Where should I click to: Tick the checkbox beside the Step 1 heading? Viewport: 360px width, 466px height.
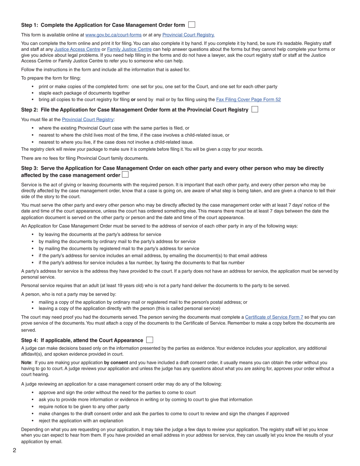(192, 25)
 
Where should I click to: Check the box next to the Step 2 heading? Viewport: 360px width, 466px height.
(255, 109)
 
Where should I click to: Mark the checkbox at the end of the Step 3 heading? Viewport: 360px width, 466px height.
(125, 175)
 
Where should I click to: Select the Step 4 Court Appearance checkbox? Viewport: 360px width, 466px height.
(150, 340)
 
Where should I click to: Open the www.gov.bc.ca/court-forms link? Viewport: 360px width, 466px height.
(113, 35)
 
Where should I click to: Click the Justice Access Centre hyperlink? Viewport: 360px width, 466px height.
(77, 49)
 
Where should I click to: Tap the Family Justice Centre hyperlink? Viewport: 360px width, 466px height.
(129, 49)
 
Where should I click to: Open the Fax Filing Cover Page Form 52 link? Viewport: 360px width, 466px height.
(248, 100)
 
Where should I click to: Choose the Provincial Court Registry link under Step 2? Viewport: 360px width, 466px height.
(88, 119)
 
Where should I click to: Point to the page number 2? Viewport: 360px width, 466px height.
(14, 450)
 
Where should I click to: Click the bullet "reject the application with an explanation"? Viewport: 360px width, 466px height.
(81, 421)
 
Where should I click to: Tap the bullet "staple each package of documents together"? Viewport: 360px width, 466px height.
(84, 93)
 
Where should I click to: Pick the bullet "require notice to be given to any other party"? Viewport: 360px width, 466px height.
(84, 407)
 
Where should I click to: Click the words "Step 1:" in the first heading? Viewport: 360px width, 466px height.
(30, 25)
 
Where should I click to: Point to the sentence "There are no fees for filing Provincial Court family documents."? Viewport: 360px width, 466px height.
(85, 158)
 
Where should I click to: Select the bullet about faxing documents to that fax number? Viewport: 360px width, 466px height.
(141, 263)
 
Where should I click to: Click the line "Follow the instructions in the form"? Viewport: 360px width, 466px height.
(105, 69)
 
